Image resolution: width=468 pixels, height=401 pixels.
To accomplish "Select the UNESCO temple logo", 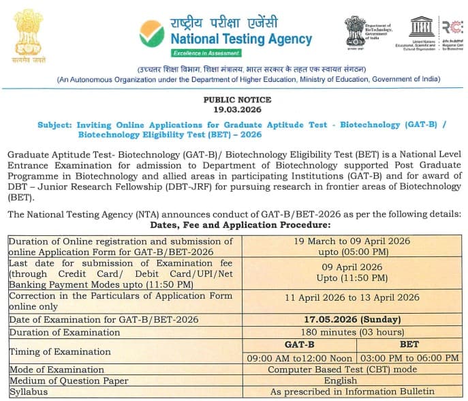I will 421,27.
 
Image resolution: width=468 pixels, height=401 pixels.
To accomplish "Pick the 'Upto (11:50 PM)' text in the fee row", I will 352,278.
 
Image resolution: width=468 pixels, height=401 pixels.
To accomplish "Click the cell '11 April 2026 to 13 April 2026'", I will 352,297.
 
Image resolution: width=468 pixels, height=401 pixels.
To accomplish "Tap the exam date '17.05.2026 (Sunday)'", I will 352,319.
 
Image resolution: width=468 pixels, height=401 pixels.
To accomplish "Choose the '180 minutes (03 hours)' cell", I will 352,332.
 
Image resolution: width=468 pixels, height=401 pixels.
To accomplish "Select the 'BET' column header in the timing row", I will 409,345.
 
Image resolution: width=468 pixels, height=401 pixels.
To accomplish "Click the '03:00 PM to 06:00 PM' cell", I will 409,358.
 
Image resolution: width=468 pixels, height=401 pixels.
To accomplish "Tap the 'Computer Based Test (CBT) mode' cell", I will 352,370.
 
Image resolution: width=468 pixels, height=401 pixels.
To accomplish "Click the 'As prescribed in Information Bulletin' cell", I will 352,391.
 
